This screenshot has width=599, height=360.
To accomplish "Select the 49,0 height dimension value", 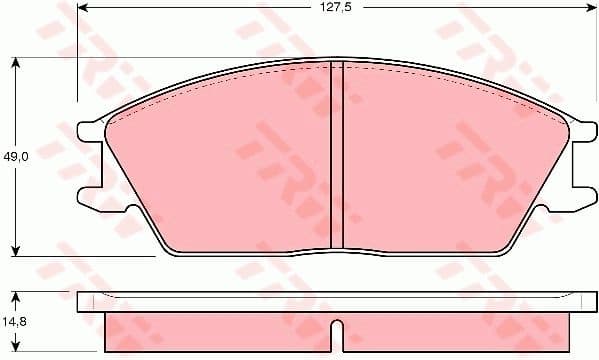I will (x=14, y=157).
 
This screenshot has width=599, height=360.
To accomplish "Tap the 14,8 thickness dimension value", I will (x=14, y=322).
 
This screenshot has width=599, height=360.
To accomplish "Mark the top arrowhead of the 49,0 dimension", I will (x=15, y=62).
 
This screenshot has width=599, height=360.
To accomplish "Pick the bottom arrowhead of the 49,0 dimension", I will (x=15, y=250).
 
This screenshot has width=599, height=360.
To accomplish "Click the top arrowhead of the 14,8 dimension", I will (x=15, y=297).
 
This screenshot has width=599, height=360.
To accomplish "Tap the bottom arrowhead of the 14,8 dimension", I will (x=15, y=350).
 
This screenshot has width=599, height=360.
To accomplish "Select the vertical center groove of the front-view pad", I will (x=337, y=155).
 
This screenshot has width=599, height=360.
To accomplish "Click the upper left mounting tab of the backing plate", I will (x=90, y=131).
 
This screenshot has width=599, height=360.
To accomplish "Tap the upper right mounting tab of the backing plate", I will (x=583, y=131).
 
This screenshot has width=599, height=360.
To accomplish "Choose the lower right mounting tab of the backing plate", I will (x=583, y=201).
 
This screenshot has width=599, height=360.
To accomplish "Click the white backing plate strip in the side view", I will (x=337, y=301).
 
